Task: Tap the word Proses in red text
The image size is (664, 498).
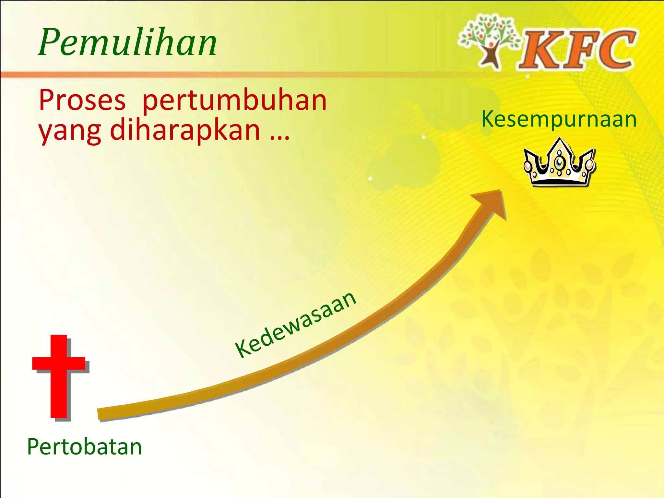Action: click(82, 100)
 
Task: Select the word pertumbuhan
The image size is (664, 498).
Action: click(234, 101)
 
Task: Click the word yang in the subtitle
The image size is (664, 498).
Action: click(70, 131)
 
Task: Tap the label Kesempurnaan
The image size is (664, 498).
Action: click(559, 119)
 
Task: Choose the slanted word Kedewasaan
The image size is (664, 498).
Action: click(296, 324)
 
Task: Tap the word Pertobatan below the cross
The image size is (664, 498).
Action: click(84, 447)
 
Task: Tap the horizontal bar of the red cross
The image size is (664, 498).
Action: click(59, 363)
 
